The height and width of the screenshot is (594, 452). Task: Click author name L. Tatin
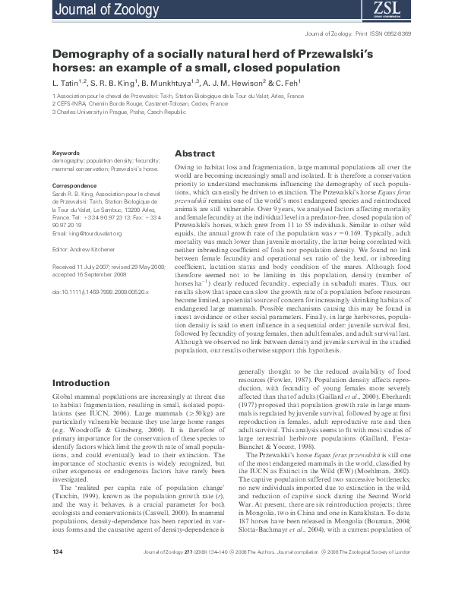(x=68, y=81)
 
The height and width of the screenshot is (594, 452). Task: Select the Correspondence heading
(x=74, y=186)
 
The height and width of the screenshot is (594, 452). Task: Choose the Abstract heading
(x=194, y=153)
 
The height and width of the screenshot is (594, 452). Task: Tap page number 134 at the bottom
(x=58, y=571)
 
